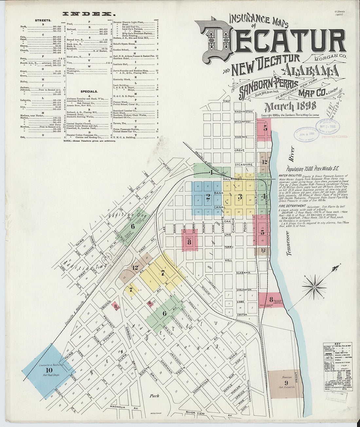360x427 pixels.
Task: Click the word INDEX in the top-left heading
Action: pyautogui.click(x=89, y=14)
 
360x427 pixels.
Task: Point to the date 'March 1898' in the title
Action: pyautogui.click(x=290, y=106)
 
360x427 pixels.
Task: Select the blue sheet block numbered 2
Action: pyautogui.click(x=207, y=197)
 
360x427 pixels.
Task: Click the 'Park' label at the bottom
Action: pyautogui.click(x=154, y=396)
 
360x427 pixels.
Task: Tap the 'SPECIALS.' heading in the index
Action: pyautogui.click(x=89, y=92)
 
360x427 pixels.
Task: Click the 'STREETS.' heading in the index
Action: pyautogui.click(x=43, y=20)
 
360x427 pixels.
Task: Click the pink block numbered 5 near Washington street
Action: pyautogui.click(x=265, y=129)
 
